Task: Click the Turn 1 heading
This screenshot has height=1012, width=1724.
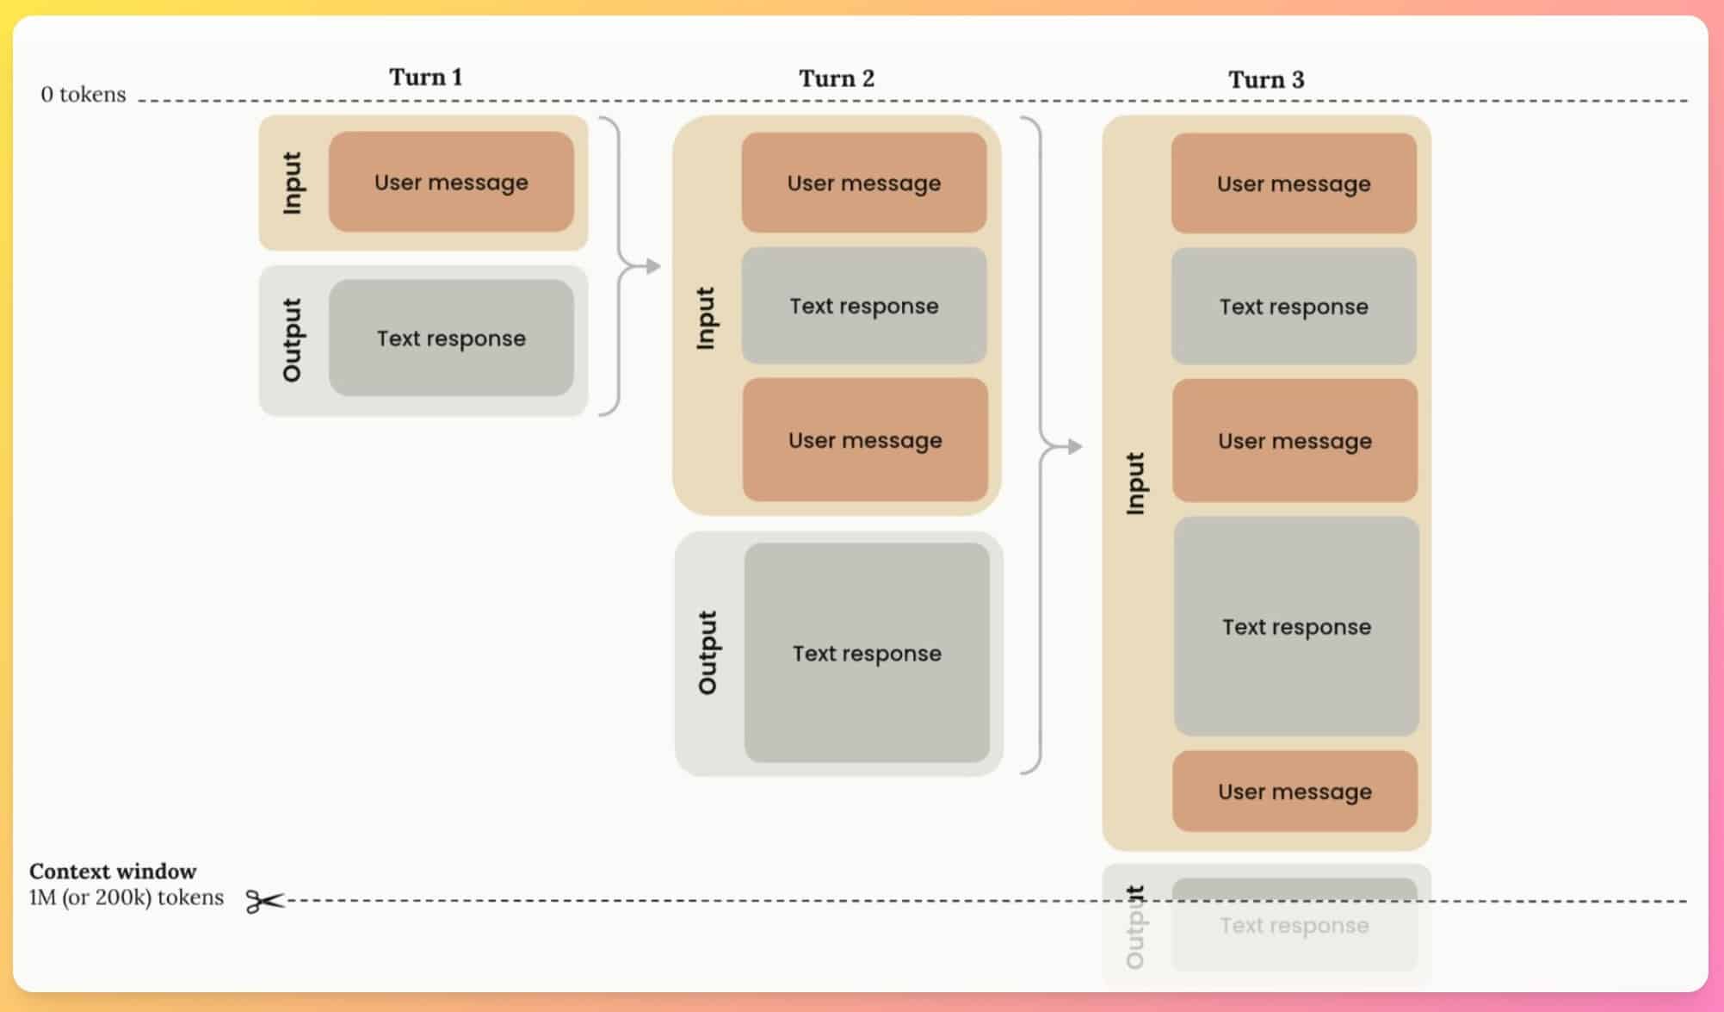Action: pos(426,77)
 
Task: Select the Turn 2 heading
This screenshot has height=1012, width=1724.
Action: pos(837,78)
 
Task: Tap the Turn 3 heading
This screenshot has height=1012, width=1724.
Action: pos(1266,80)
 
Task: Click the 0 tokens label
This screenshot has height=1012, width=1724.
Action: pos(83,94)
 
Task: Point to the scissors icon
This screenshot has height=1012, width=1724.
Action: pos(264,901)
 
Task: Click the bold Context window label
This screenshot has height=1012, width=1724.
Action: pos(113,871)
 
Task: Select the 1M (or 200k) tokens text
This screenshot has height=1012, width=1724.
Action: pos(127,897)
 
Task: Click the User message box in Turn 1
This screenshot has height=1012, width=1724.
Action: pos(451,182)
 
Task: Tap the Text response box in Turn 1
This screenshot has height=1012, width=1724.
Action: pos(451,338)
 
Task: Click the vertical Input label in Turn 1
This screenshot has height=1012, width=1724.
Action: pos(293,183)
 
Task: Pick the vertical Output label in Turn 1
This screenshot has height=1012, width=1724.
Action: pos(293,339)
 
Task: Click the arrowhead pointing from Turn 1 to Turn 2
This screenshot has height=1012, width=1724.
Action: pos(653,266)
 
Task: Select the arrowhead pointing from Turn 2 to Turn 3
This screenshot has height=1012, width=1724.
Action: pos(1075,446)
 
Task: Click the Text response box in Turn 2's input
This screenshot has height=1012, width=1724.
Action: pos(864,306)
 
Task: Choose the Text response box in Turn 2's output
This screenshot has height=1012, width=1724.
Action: pos(867,653)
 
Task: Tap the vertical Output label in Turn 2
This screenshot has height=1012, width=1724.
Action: pos(708,653)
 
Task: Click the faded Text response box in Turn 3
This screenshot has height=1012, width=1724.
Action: pos(1295,925)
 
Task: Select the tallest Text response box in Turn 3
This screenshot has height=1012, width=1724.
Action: pos(1296,626)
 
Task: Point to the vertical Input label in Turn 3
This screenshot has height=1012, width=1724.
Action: pos(1136,483)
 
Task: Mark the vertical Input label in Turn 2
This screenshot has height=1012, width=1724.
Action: pos(706,318)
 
